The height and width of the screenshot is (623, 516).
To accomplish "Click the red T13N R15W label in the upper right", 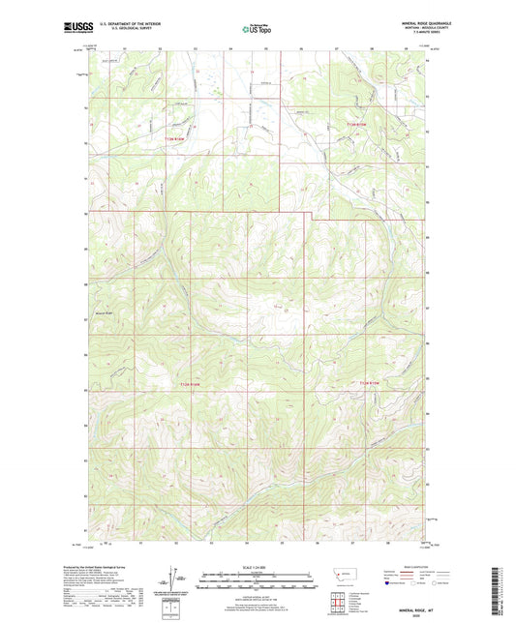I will click(359, 124).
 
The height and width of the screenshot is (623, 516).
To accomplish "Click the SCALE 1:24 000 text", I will click(257, 567).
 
